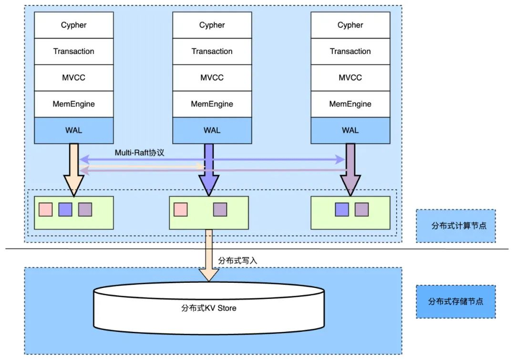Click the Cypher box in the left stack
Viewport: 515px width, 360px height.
(74, 25)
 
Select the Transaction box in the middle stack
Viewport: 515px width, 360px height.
(212, 51)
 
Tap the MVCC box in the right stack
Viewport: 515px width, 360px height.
(350, 78)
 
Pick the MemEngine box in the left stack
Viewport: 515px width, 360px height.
(74, 104)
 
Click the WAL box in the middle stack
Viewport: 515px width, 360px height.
(212, 130)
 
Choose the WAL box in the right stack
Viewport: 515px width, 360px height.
(350, 130)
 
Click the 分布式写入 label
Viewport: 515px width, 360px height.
(237, 261)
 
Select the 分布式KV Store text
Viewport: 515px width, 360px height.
(209, 308)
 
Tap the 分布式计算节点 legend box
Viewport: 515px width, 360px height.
(455, 226)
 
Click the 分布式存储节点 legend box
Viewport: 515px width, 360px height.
(455, 302)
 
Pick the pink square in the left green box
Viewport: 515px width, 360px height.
(45, 209)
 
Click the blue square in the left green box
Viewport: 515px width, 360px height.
(65, 209)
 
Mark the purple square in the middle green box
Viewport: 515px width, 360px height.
(220, 209)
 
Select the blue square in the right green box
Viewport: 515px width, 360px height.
(341, 209)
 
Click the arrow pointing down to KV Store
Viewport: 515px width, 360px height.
(208, 255)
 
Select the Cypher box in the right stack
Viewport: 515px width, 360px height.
(350, 25)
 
